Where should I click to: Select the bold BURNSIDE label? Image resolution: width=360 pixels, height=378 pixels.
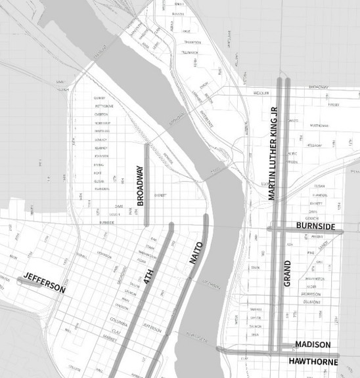[316, 227]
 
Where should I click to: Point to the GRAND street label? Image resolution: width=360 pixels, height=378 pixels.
[286, 273]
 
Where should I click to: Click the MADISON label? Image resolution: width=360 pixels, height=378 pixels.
[313, 345]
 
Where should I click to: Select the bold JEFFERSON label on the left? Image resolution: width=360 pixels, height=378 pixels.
[44, 282]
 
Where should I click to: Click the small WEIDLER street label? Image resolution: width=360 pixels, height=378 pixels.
[261, 93]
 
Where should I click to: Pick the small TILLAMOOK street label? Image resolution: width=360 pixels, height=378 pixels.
[189, 51]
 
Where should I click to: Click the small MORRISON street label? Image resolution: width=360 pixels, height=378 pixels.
[311, 294]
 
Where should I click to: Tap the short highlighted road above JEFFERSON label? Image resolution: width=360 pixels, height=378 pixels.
[30, 280]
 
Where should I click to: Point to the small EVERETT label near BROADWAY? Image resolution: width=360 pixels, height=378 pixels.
[160, 196]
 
